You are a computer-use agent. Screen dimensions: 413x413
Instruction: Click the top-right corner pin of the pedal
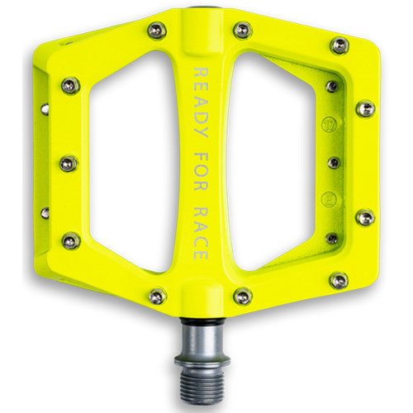(339, 45)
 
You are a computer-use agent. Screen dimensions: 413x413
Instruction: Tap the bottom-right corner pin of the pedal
(339, 281)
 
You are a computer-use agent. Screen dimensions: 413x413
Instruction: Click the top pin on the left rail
(69, 87)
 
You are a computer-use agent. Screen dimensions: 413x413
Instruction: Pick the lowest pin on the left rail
(69, 240)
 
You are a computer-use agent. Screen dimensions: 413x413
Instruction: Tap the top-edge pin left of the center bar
(154, 31)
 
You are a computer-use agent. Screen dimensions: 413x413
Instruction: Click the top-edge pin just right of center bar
(242, 31)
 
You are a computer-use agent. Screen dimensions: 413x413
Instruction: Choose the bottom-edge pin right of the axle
(242, 296)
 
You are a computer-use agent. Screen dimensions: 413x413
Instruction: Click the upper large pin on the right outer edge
(365, 109)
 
